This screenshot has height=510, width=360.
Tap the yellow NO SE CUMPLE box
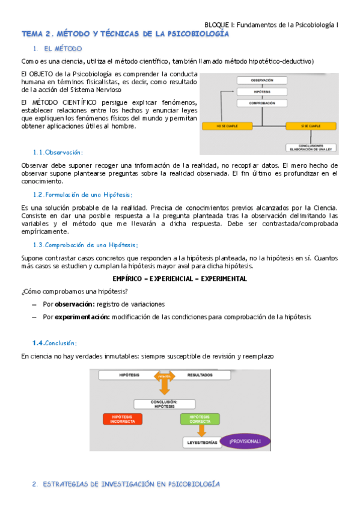[x=220, y=126]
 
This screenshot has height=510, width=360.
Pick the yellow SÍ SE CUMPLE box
[x=307, y=126]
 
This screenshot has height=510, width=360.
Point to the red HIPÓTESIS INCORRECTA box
[x=123, y=419]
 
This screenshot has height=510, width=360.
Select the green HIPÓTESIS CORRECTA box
[x=200, y=419]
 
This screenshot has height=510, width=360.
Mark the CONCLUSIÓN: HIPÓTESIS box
[x=164, y=404]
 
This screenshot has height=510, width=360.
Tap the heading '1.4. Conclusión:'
[x=55, y=343]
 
